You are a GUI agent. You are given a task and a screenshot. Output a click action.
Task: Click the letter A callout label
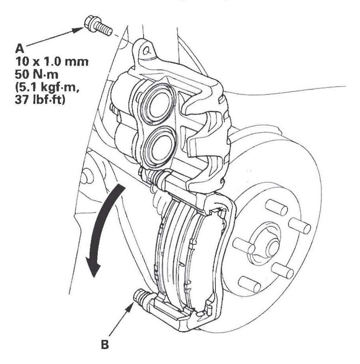pyautogui.click(x=19, y=49)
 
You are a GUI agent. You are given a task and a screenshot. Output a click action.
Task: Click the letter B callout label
pyautogui.click(x=105, y=345)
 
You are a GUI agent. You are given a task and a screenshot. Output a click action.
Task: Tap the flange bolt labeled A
pyautogui.click(x=97, y=26)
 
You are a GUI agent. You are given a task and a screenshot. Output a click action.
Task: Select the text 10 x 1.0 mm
pyautogui.click(x=51, y=62)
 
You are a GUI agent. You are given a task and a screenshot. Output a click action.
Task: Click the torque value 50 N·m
pyautogui.click(x=36, y=75)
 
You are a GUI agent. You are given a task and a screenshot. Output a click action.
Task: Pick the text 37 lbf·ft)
pyautogui.click(x=40, y=100)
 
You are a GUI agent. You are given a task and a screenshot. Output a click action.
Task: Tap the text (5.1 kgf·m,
pyautogui.click(x=47, y=87)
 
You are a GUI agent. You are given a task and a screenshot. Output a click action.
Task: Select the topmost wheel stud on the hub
pyautogui.click(x=276, y=207)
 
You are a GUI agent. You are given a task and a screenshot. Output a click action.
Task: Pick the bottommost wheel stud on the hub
pyautogui.click(x=250, y=284)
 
